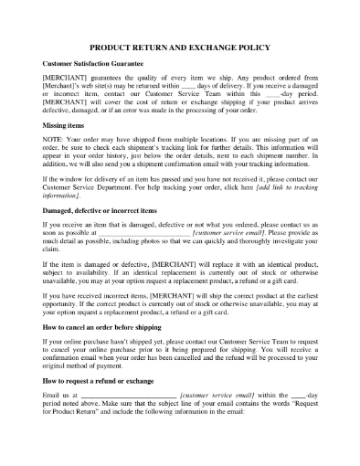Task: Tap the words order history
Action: tap(113, 167)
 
